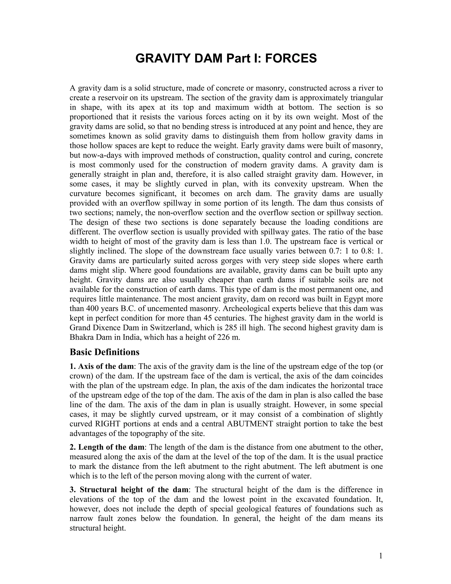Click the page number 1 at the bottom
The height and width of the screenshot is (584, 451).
click(381, 556)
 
